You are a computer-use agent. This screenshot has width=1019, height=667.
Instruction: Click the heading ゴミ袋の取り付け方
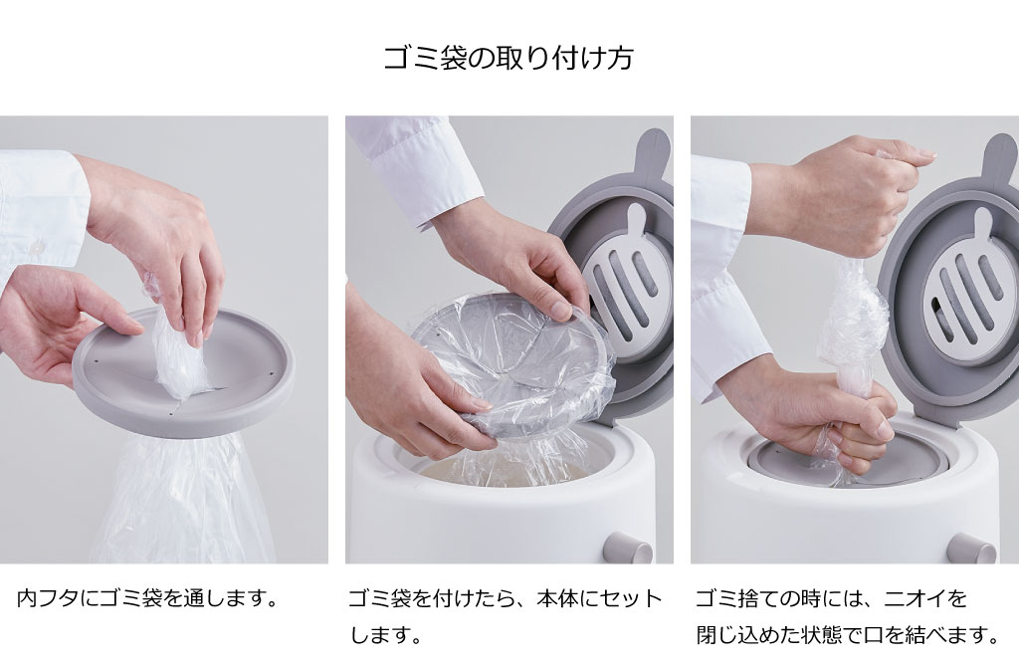tap(509, 58)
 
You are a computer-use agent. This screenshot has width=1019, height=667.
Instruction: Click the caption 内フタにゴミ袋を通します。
tap(147, 598)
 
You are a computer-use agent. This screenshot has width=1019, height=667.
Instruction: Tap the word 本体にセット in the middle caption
tap(598, 598)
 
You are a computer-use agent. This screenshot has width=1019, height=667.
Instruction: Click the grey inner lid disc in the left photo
tap(183, 373)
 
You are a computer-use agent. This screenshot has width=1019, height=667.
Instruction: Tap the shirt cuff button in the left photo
tap(37, 247)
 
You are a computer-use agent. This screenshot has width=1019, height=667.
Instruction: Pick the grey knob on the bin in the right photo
tap(971, 549)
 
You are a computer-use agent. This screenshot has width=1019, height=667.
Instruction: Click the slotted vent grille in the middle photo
tap(628, 279)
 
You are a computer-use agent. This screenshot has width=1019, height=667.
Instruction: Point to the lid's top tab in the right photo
tap(1000, 158)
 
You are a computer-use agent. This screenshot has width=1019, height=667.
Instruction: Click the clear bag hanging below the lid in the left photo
tap(183, 500)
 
